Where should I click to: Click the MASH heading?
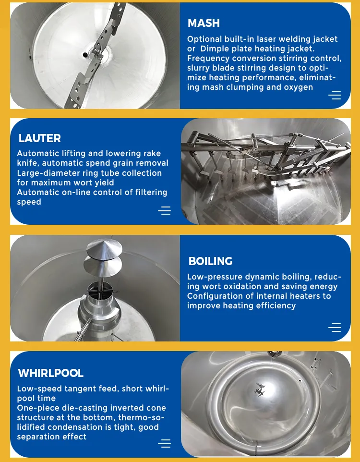pos(204,23)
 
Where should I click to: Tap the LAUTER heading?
pos(40,138)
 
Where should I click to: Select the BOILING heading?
pos(210,261)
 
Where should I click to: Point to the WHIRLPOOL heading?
pos(51,373)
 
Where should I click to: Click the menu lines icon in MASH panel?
pos(335,95)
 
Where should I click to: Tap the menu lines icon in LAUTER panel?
pos(164,211)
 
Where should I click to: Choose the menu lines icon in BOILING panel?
pos(335,328)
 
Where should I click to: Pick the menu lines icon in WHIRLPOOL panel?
pos(164,443)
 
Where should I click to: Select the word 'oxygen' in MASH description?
pos(298,87)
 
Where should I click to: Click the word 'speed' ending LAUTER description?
pos(29,202)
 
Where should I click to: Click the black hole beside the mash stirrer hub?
pos(85,55)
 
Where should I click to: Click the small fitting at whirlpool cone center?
pos(260,389)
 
